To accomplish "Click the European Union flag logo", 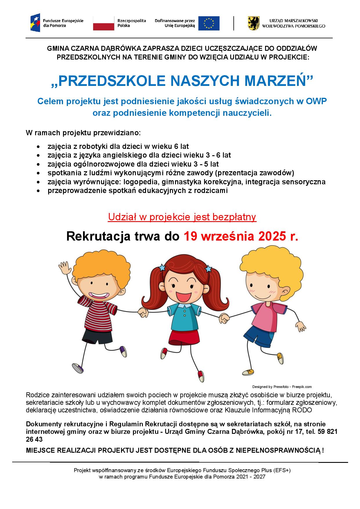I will tap(209, 23).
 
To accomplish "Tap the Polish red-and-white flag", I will tap(104, 23).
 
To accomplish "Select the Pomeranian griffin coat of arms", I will tap(253, 23).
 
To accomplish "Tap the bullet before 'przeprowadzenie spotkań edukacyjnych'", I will tap(38, 191).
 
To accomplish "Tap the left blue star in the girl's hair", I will tap(162, 267).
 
